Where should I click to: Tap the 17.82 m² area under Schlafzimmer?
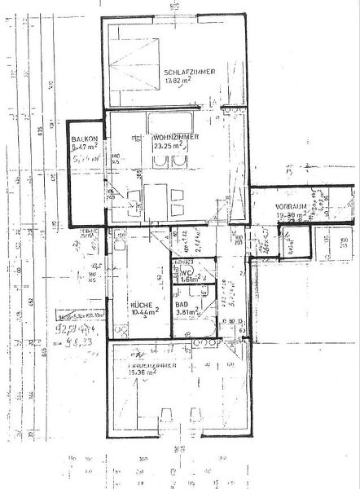coord(177,81)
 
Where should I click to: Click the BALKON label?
coord(85,139)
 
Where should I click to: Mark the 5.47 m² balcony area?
coord(85,148)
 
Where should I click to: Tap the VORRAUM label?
coord(289,206)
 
